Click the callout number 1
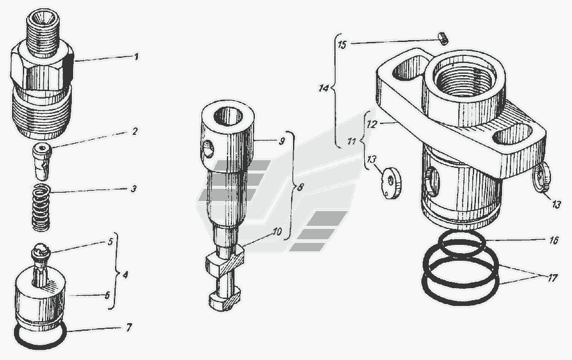[136, 57]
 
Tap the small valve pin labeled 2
[43, 162]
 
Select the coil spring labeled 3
[41, 207]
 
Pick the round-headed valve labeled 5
[41, 263]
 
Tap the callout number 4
[125, 274]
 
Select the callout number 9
[282, 141]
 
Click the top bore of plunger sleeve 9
[228, 116]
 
